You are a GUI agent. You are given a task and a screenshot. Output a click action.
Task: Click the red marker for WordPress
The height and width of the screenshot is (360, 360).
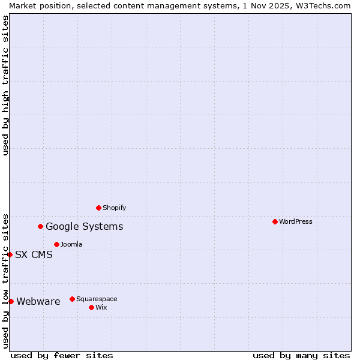click(x=275, y=221)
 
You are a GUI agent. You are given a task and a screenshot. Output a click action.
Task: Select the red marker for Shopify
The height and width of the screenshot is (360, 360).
click(x=98, y=208)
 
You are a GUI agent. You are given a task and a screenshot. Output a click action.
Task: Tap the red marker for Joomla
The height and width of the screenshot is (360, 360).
click(x=56, y=244)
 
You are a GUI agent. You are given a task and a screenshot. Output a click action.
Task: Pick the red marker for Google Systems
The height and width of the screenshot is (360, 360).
click(x=40, y=226)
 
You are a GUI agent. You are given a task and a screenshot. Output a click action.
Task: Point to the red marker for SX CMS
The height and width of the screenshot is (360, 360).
click(x=10, y=254)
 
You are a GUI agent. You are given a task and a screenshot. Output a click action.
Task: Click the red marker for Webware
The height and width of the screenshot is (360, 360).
click(x=11, y=301)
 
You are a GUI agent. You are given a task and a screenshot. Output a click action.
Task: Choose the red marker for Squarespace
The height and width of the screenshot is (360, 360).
click(x=72, y=299)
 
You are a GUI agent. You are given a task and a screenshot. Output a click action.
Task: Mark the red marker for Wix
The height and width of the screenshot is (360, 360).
click(x=91, y=307)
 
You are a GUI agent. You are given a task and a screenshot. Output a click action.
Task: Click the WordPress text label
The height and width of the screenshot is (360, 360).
click(x=296, y=221)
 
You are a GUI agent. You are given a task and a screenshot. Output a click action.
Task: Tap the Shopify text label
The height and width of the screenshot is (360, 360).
click(x=115, y=208)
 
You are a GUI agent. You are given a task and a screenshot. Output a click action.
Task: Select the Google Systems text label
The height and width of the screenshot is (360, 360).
click(x=85, y=226)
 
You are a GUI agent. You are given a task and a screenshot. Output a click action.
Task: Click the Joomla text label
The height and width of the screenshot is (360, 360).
click(x=71, y=244)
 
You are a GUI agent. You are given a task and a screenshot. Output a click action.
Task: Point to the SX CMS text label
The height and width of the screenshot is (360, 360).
click(x=34, y=254)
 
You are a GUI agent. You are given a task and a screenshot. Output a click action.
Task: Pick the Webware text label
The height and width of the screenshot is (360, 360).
click(x=38, y=301)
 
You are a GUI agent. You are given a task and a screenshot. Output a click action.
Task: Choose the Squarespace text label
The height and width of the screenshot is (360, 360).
click(x=97, y=299)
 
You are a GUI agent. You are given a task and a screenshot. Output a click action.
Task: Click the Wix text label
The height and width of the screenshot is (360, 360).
click(x=101, y=307)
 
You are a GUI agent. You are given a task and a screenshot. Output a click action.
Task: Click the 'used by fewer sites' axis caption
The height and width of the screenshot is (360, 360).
click(x=62, y=355)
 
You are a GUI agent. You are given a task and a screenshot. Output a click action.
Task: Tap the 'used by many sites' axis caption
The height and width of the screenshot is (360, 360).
click(x=301, y=355)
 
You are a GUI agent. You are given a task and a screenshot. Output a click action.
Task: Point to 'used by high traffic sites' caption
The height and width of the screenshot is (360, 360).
click(x=5, y=85)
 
